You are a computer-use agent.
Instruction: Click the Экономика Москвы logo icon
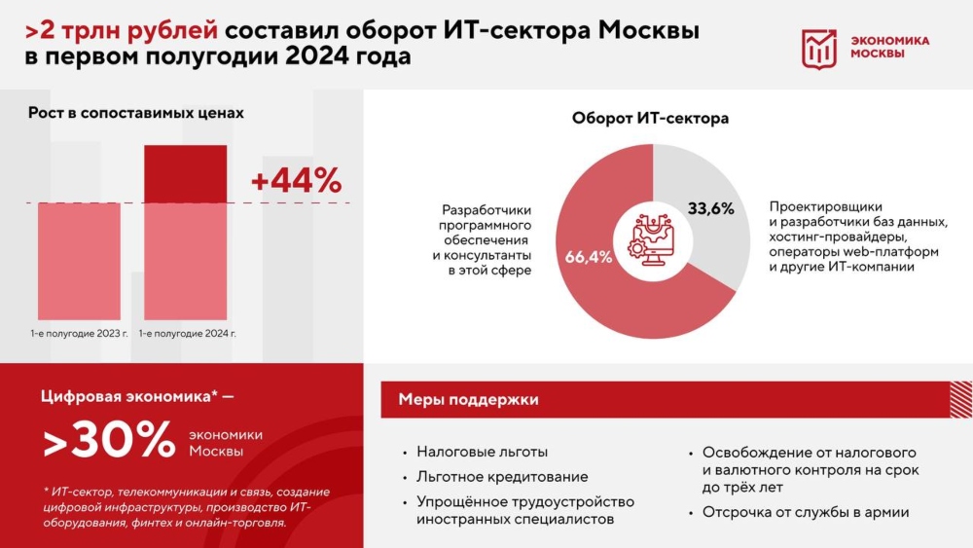click(819, 49)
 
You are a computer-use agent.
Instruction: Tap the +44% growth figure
click(296, 181)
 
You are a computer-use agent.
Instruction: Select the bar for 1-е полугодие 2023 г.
click(79, 261)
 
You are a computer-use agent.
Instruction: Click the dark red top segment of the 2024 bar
click(186, 174)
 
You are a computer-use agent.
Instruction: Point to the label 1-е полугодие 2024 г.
click(188, 333)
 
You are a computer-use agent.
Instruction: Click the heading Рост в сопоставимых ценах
click(136, 113)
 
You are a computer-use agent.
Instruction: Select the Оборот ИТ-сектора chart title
click(650, 118)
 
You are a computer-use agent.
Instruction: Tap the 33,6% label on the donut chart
click(710, 208)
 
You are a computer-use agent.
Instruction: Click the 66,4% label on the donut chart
click(589, 257)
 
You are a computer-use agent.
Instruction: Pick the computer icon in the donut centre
click(652, 240)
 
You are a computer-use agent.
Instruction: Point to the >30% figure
click(109, 439)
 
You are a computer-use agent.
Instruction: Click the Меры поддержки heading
click(469, 400)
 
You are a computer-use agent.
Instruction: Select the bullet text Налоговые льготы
click(483, 452)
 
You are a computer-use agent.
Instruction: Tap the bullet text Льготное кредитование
click(502, 477)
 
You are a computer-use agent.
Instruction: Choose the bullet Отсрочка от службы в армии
click(806, 513)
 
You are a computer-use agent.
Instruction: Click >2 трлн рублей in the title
click(122, 30)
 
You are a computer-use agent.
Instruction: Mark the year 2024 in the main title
click(318, 55)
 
